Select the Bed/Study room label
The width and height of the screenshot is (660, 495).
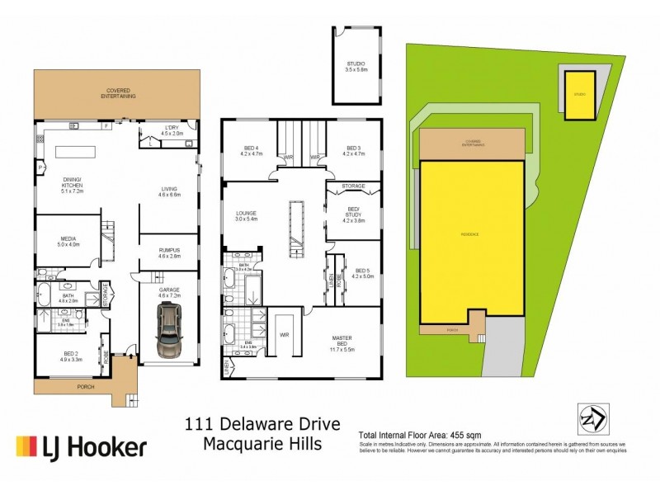tap(353, 214)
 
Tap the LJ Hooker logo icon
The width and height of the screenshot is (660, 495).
tap(31, 447)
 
